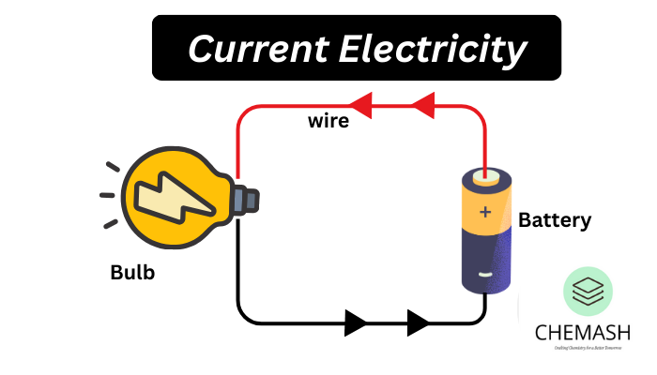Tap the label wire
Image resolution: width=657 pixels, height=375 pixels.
[x=328, y=120]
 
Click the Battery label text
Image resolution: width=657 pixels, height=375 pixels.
[x=555, y=221]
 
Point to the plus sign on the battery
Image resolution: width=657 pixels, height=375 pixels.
[x=485, y=212]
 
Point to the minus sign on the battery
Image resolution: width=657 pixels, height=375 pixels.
[x=485, y=275]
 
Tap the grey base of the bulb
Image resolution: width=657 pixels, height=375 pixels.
[x=247, y=199]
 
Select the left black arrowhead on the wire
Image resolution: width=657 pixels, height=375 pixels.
[x=356, y=323]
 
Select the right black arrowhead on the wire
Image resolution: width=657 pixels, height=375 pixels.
[x=418, y=323]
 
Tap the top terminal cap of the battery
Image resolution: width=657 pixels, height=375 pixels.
[x=485, y=175]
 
